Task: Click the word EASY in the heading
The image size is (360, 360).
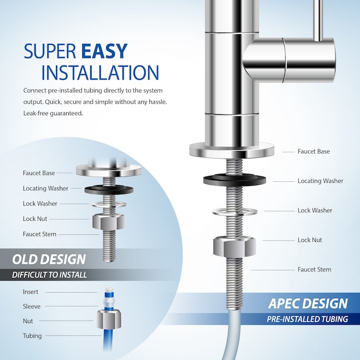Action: point(104,51)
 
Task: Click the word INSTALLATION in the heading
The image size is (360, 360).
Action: point(100,73)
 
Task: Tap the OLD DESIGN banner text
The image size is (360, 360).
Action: point(49,260)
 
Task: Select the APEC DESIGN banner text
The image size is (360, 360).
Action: point(308,304)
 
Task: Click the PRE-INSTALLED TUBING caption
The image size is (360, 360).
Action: point(307,319)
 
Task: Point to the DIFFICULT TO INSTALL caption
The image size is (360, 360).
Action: point(50,275)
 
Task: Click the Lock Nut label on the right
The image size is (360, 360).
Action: point(310,240)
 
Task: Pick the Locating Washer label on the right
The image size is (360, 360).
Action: point(320,181)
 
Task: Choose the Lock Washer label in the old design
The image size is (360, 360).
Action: point(40,203)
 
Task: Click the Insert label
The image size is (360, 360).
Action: point(30,292)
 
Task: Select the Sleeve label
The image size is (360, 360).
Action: point(31,307)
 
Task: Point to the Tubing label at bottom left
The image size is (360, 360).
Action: point(32,336)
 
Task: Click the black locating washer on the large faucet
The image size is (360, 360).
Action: point(235,179)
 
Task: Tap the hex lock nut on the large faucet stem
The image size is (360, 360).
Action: point(235,245)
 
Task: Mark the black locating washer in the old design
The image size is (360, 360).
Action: point(109,189)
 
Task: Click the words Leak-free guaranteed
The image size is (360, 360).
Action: point(53,113)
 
